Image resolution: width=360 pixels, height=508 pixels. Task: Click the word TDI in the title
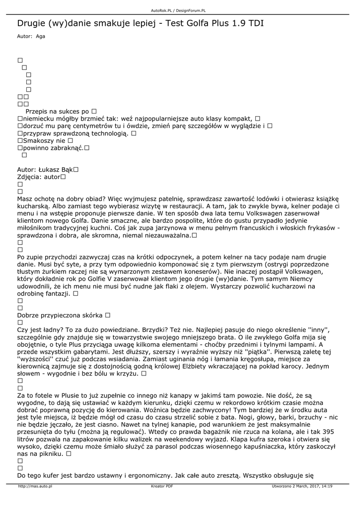254,23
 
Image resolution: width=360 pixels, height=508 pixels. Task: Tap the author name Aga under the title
40,36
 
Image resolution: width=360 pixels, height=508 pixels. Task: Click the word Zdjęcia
29,177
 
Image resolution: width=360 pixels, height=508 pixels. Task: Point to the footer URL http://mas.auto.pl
35,486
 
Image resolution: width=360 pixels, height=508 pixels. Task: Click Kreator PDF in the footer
162,486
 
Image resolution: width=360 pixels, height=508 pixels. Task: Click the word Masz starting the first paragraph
25,198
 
